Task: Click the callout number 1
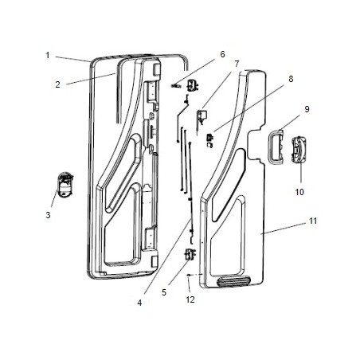[x=48, y=55]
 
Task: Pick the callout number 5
[x=164, y=292]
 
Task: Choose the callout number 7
[x=237, y=63]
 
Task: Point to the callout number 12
[x=190, y=299]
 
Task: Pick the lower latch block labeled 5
[x=190, y=255]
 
